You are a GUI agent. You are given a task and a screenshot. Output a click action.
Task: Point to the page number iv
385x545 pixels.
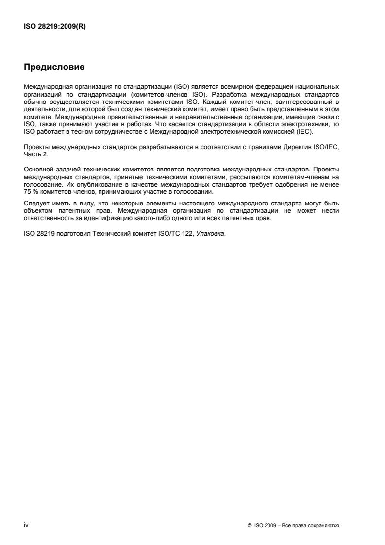(x=26, y=525)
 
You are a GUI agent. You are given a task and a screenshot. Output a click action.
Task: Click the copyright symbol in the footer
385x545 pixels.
(x=250, y=526)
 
